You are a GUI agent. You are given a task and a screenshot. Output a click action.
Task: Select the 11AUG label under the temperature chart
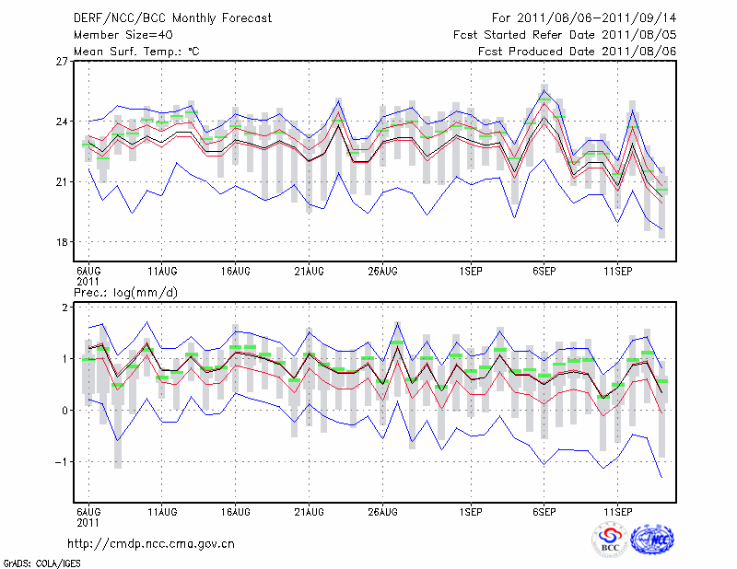tap(162, 271)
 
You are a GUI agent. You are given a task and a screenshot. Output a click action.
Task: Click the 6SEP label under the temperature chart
tap(544, 271)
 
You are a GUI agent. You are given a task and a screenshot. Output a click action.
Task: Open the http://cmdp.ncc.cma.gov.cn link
tap(151, 543)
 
